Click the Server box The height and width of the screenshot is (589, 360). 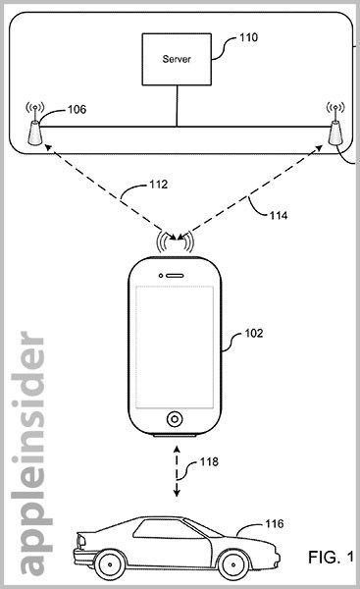click(177, 60)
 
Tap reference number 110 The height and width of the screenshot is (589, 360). click(248, 40)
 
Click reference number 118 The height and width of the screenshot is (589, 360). click(206, 461)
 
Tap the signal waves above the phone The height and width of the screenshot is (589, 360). click(177, 239)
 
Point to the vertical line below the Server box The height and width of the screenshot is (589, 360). click(177, 108)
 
